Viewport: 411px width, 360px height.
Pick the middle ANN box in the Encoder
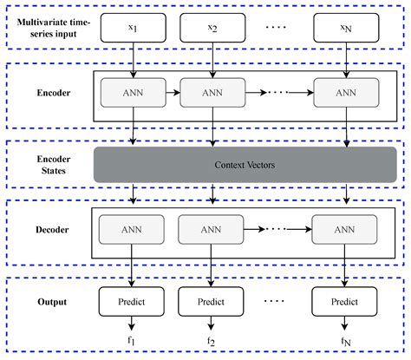point(212,94)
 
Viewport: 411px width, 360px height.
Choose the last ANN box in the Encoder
point(345,94)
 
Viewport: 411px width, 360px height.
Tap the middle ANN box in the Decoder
point(212,230)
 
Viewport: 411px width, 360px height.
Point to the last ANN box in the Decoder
point(345,230)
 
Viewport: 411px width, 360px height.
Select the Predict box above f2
point(212,301)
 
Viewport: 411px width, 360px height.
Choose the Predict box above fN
point(345,301)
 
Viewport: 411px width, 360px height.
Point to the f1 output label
point(132,342)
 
